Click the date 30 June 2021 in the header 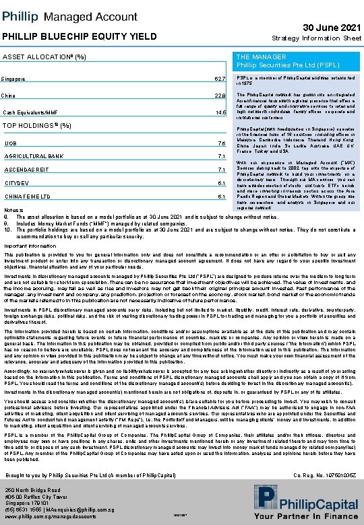[x=330, y=26]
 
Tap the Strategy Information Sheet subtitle [x=316, y=38]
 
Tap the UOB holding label [x=11, y=143]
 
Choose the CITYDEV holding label [x=16, y=183]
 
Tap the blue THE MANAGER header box [x=297, y=61]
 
